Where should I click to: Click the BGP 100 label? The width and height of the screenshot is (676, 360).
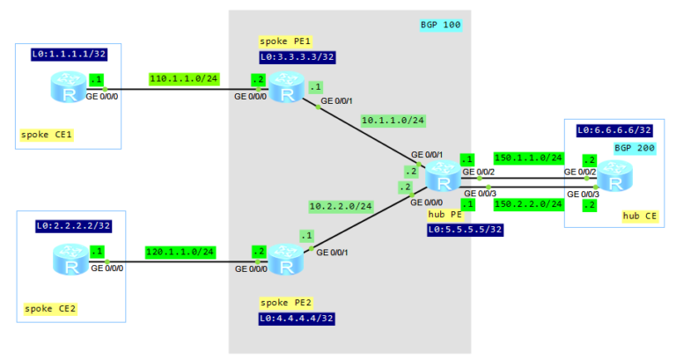[x=440, y=25]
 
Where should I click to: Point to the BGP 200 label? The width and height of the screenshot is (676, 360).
[x=634, y=149]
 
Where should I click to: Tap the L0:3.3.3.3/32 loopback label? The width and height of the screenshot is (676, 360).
[x=298, y=57]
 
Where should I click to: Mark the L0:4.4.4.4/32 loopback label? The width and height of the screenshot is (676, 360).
[x=298, y=318]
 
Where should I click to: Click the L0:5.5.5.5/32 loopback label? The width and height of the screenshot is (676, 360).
[x=464, y=230]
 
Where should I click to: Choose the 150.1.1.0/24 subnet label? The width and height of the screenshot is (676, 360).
[x=528, y=158]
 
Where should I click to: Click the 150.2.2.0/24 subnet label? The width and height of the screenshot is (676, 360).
[x=528, y=203]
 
